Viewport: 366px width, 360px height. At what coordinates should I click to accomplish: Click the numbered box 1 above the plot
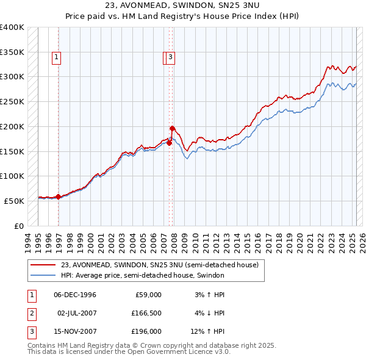click(x=56, y=58)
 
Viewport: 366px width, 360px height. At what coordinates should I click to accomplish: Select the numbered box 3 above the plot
click(x=171, y=58)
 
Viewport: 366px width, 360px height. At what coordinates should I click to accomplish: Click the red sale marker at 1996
click(x=58, y=196)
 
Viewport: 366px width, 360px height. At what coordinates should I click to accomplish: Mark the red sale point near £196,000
click(x=173, y=128)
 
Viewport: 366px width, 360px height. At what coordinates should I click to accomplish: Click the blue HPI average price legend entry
click(x=143, y=276)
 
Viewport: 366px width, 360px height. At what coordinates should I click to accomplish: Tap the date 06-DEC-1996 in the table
click(x=75, y=295)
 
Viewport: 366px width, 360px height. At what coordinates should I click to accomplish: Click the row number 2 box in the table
click(x=31, y=313)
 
